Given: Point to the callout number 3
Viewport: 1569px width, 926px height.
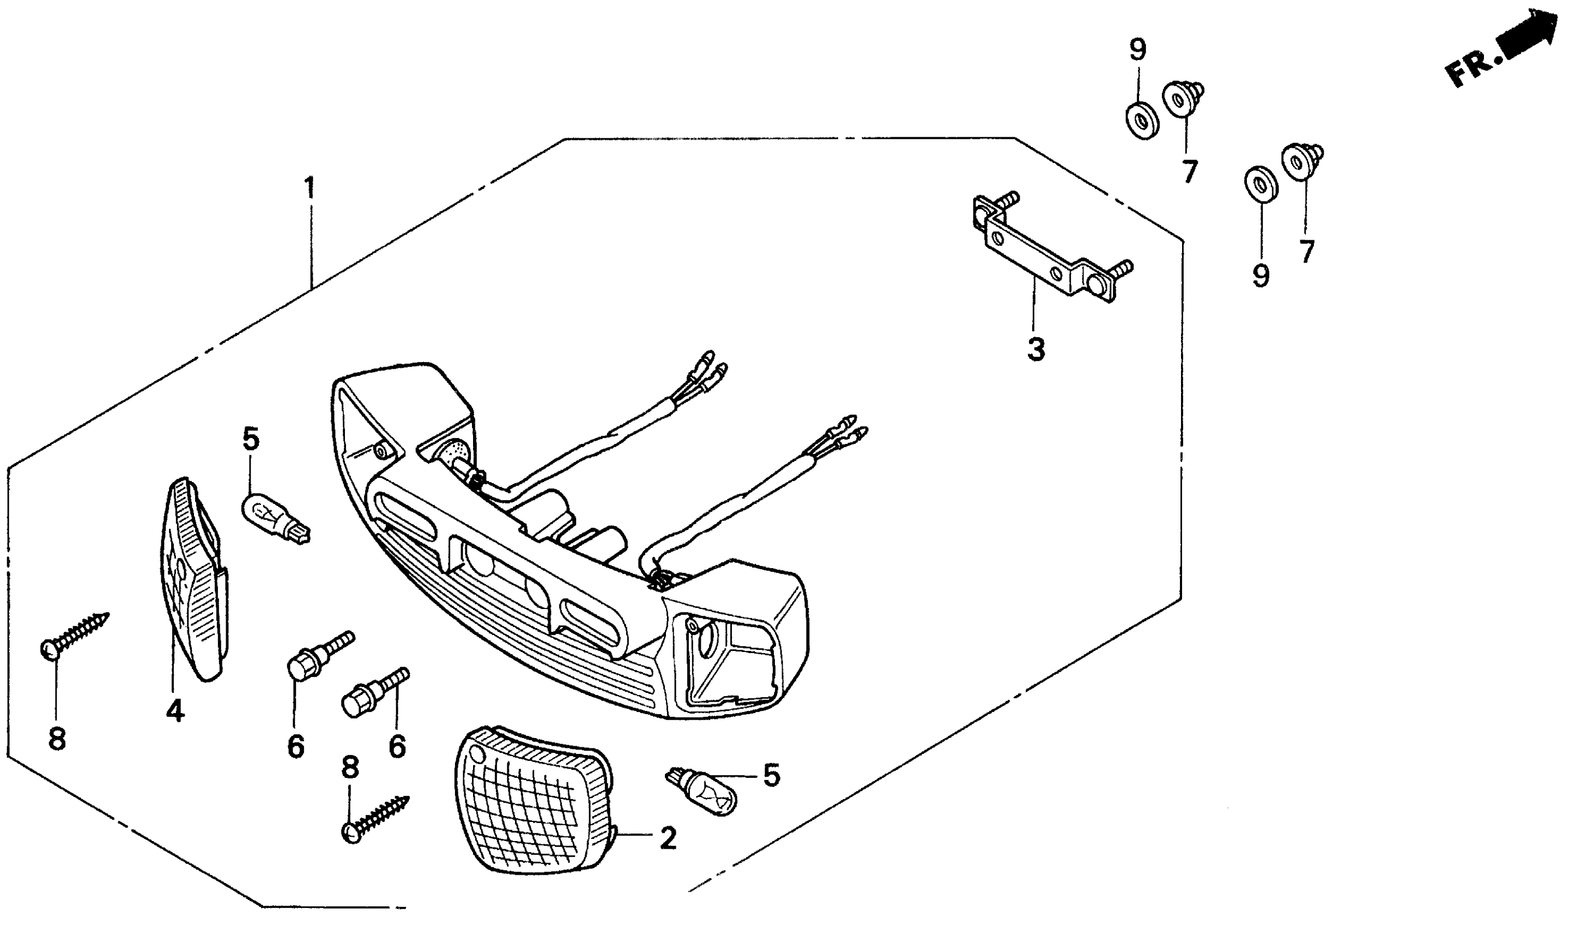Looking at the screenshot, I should coord(1036,350).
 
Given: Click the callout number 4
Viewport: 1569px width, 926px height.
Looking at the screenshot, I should coord(175,710).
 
